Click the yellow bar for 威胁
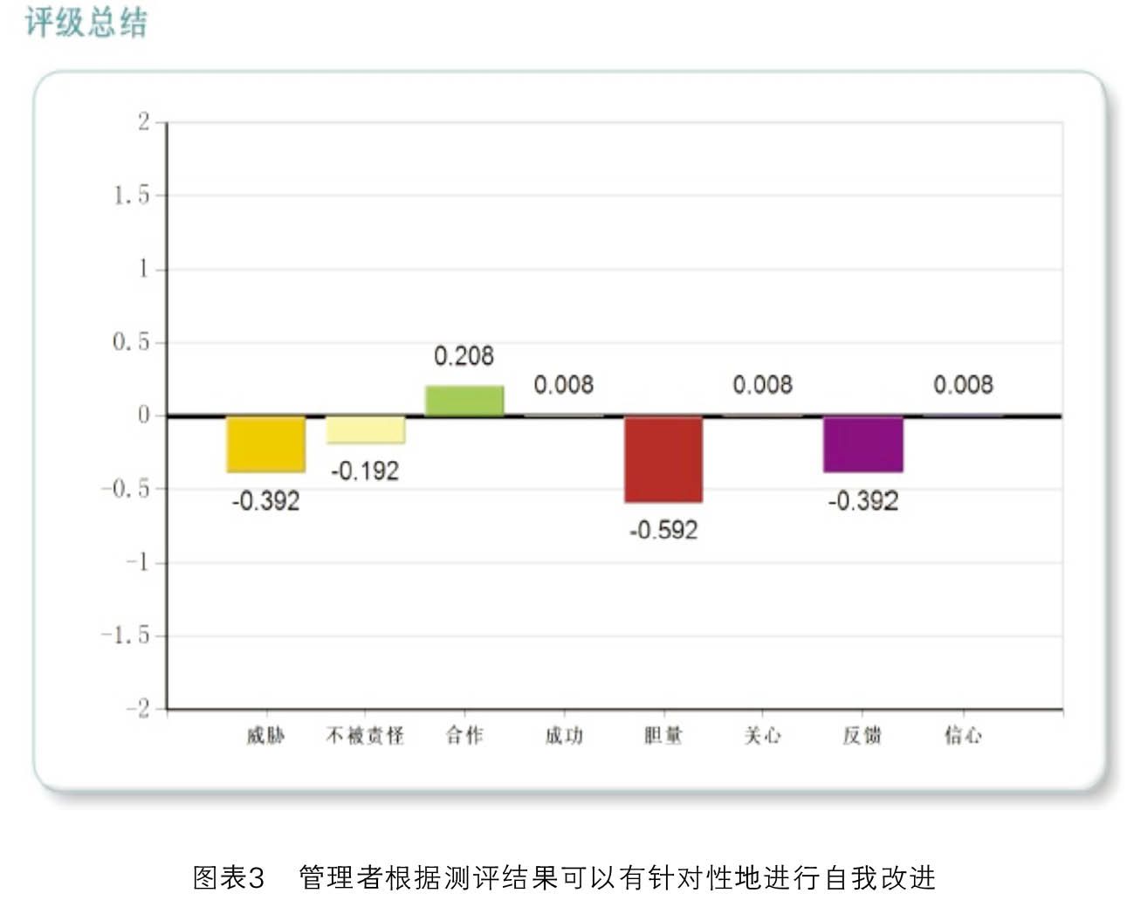[265, 444]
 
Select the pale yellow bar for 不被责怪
[365, 430]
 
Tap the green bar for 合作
[464, 401]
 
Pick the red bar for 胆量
[663, 459]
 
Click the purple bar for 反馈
[862, 444]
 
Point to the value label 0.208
[464, 356]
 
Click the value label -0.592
[663, 530]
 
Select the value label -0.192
[365, 471]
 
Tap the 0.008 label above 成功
[563, 385]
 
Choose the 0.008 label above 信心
[963, 385]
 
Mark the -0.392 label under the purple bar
[862, 501]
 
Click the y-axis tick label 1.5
[132, 195]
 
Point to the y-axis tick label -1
[138, 562]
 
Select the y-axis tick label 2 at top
[144, 121]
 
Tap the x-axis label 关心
[762, 736]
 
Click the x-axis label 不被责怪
[365, 736]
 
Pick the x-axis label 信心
[962, 736]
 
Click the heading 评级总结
[86, 22]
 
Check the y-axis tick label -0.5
[126, 489]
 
